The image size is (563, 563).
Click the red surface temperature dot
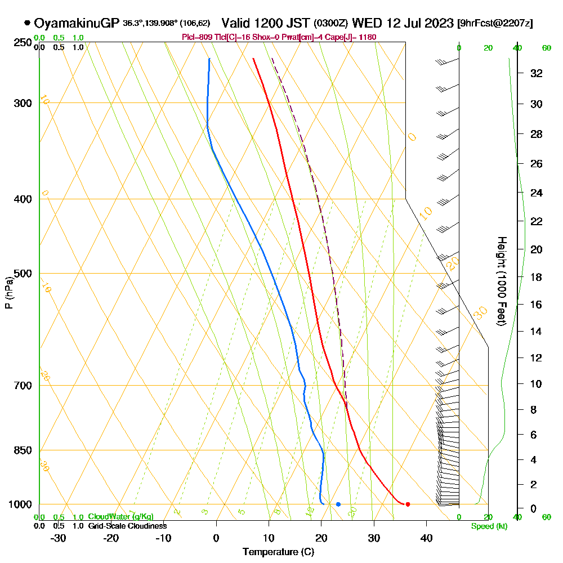coord(408,504)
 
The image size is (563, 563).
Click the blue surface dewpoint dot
coord(338,504)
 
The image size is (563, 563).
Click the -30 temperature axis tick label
coord(59,538)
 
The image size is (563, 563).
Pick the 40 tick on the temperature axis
coord(426,538)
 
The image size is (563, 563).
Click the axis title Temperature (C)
coord(278,552)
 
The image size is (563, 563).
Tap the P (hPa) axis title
coord(8,293)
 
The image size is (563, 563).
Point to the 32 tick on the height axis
coord(537,73)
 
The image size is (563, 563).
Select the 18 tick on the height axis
coord(537,277)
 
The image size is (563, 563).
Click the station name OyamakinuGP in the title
coord(77,23)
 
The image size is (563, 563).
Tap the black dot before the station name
coord(27,23)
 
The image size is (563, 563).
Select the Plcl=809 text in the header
coord(195,37)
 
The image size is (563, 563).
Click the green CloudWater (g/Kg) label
coord(120,516)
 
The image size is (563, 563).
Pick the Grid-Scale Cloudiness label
coord(127,526)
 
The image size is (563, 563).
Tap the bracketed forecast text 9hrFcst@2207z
coord(495,24)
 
